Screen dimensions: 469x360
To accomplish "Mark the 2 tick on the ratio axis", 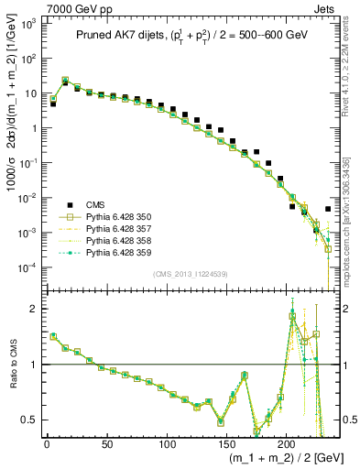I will tap(30, 309).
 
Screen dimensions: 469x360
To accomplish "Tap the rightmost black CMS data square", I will tap(328, 209).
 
